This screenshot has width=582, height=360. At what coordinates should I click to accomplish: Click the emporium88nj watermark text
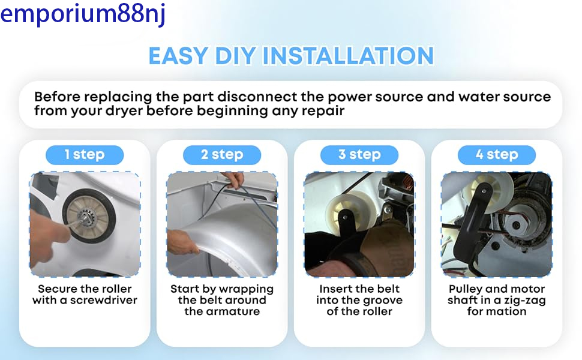83,14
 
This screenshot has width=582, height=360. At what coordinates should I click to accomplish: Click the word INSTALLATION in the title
348,56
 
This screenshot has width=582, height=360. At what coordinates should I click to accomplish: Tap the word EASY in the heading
178,56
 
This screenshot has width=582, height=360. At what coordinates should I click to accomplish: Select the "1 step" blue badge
85,155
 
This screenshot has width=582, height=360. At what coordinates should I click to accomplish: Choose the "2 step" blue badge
222,155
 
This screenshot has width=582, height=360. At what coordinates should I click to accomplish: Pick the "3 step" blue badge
359,155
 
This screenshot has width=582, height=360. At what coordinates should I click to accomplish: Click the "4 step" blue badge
497,155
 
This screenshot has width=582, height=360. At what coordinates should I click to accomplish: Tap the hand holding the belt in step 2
233,179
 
